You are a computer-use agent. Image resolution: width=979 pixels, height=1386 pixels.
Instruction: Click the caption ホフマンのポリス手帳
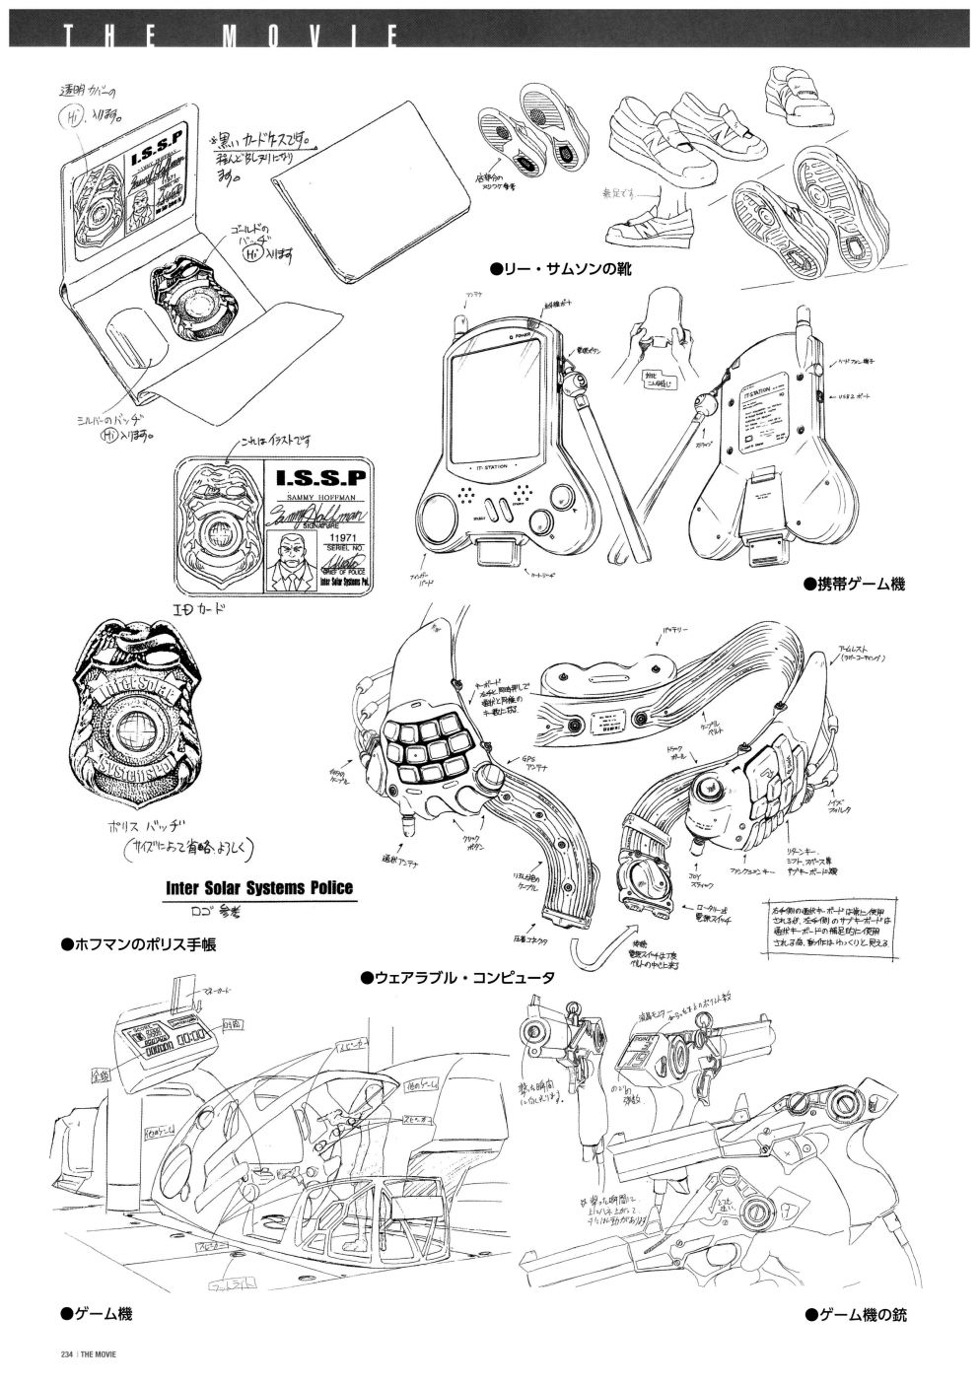[x=138, y=944]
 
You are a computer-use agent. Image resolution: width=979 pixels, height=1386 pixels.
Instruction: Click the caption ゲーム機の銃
[x=854, y=1314]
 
